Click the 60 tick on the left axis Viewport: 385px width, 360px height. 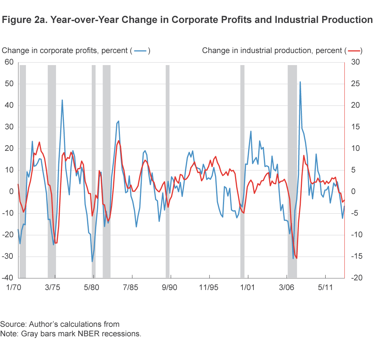pos(9,62)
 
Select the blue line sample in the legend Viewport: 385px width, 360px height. pos(141,51)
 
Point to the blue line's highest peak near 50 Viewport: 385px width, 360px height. pos(300,82)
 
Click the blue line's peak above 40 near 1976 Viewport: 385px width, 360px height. pos(62,100)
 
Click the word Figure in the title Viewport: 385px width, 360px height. pos(15,20)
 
